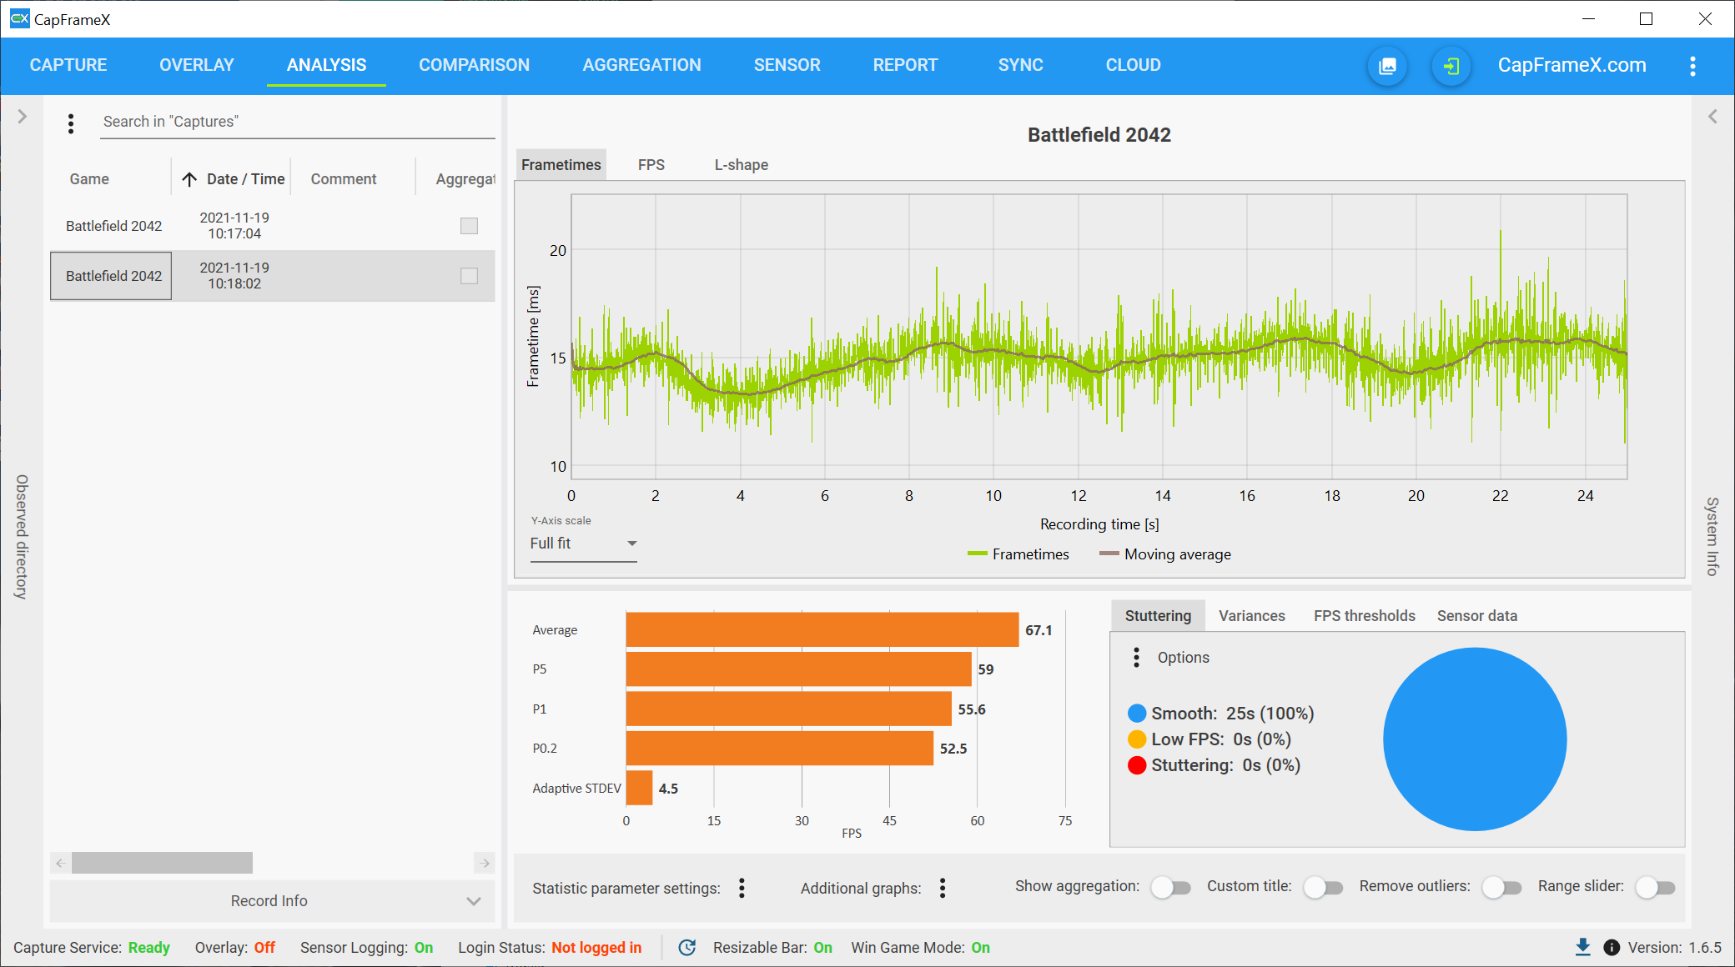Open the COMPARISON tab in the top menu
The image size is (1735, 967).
tap(474, 65)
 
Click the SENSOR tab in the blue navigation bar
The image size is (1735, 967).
tap(787, 65)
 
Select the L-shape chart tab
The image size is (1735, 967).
tap(741, 165)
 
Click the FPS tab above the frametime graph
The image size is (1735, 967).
tap(651, 165)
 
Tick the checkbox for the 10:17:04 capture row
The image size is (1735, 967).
tap(470, 226)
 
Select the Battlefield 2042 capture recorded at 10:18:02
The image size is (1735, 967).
tap(113, 276)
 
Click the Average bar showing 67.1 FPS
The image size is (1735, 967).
tap(822, 629)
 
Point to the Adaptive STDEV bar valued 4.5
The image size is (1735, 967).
tap(639, 788)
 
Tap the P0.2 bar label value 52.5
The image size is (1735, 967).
tap(953, 749)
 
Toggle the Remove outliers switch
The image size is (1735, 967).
tap(1502, 888)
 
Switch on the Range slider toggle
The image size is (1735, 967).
tap(1656, 888)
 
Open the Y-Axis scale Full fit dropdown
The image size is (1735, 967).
tap(584, 544)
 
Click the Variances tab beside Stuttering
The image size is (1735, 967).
tap(1251, 616)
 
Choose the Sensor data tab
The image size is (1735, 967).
tap(1476, 616)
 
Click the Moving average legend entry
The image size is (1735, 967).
tap(1165, 554)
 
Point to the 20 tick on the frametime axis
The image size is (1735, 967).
tap(558, 250)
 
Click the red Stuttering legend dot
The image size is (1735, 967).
tap(1137, 765)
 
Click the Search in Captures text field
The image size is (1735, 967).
tap(297, 122)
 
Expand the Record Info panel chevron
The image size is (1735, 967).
tap(474, 901)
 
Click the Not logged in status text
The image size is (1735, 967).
tap(596, 948)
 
